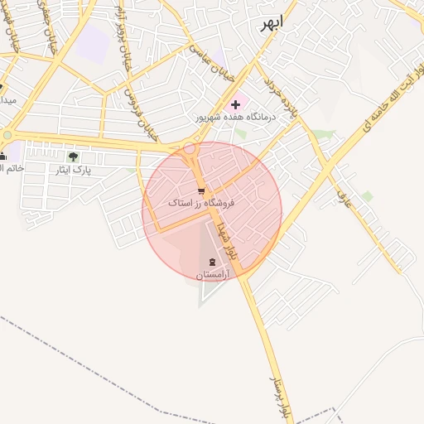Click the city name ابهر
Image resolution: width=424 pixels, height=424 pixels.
(270, 22)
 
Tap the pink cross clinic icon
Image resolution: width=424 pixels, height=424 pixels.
(236, 104)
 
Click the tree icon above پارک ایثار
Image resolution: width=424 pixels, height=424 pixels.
(73, 157)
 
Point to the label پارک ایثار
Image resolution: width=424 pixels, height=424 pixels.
(72, 170)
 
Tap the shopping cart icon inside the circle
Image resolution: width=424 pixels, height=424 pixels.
(201, 191)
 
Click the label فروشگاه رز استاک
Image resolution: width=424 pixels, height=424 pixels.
(201, 203)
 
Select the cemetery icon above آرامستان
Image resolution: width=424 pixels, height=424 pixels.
(205, 263)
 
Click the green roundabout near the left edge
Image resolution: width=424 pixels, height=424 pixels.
(7, 135)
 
